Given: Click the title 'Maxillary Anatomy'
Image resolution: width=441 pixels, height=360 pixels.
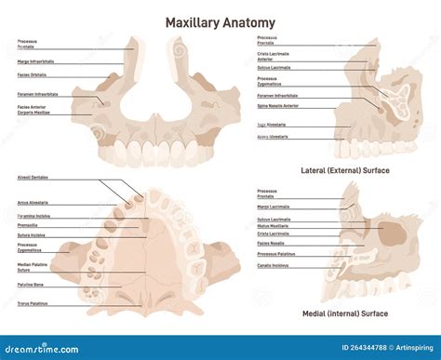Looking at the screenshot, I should click(220, 21).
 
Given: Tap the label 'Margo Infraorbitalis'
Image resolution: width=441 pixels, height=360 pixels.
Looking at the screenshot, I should click(36, 61).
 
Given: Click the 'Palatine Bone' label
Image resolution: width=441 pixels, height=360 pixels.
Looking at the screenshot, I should click(30, 287).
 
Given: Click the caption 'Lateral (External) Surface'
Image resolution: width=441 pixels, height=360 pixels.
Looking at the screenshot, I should click(344, 171).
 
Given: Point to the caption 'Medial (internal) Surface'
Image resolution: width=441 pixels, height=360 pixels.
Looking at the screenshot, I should click(344, 313).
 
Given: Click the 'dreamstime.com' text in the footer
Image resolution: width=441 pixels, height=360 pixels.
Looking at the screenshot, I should click(42, 348).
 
